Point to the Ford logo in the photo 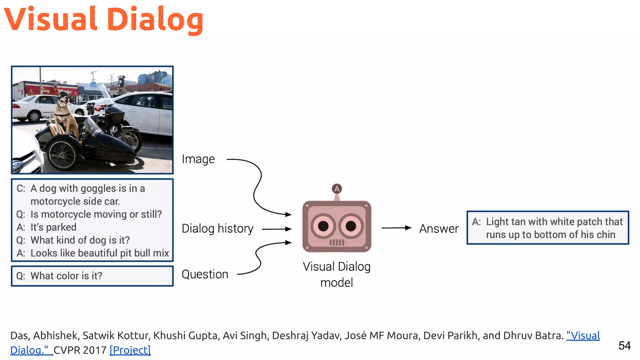coord(17,166)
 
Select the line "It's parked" coord(53,227)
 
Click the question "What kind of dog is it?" coord(80,240)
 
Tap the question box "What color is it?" coord(92,276)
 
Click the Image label coord(198,159)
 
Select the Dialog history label coord(217,229)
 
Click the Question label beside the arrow coord(205,274)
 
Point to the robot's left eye coord(323,226)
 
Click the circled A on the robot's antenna coord(337,189)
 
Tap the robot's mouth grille coord(337,242)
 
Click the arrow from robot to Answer coord(396,228)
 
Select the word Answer coord(439,229)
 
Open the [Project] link coord(130,350)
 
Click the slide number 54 coord(624,346)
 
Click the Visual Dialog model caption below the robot coord(337,274)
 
